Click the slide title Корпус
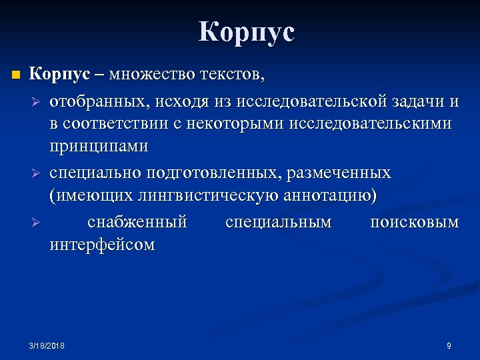[x=246, y=32]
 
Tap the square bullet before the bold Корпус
[x=15, y=74]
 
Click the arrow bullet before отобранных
[x=37, y=102]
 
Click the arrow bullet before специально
[x=37, y=174]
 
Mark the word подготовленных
[x=218, y=173]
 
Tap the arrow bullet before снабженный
[x=37, y=222]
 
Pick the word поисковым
[x=414, y=221]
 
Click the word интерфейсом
[x=102, y=245]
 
